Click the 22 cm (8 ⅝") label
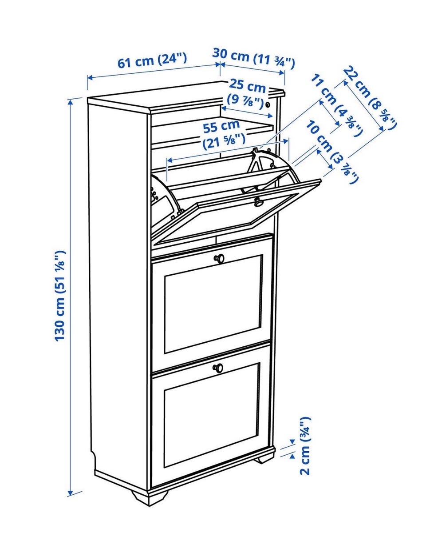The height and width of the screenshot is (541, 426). (x=370, y=98)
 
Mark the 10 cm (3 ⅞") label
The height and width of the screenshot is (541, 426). (x=332, y=152)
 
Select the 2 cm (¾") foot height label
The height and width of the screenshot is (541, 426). (x=305, y=446)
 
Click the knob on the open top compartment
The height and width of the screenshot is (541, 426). (x=258, y=202)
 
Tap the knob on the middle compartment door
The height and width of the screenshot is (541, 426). (x=219, y=258)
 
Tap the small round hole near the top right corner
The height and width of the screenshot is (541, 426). (x=268, y=105)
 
